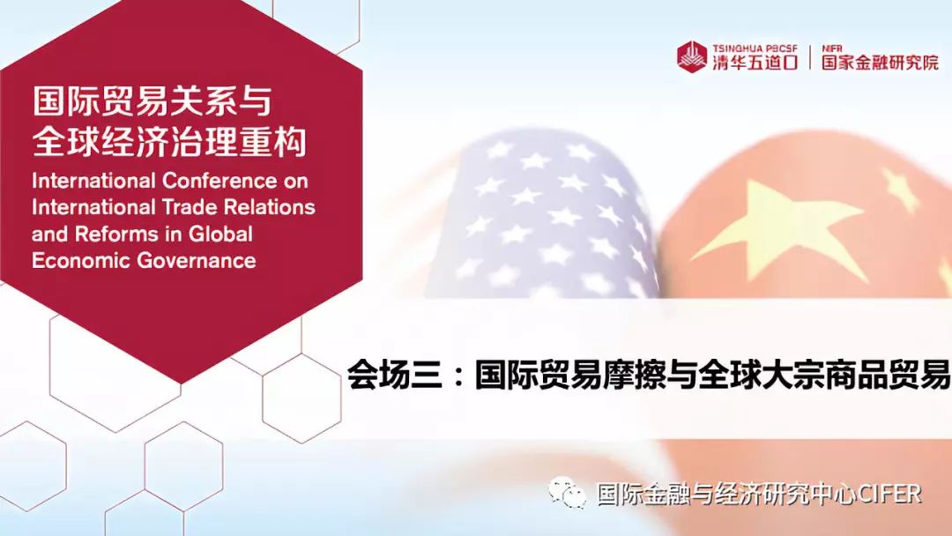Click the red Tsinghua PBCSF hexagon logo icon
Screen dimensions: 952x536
tap(693, 56)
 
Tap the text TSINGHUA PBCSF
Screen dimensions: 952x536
tap(755, 48)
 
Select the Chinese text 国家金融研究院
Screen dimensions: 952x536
tap(880, 63)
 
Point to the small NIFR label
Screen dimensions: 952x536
tap(832, 48)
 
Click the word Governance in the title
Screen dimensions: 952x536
tap(197, 261)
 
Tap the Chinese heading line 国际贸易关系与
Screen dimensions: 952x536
tap(152, 101)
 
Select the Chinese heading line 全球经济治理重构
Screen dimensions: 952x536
tap(168, 141)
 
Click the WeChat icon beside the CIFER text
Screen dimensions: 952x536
tap(567, 493)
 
